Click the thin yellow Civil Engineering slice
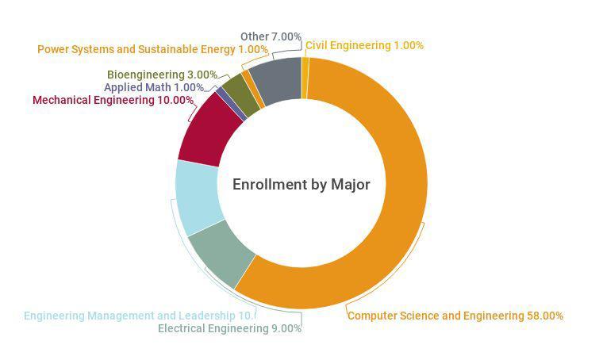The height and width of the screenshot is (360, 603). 305,78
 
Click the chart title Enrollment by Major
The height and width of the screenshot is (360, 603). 301,184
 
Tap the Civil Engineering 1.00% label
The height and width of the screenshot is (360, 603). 364,45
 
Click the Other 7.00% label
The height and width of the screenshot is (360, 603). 271,36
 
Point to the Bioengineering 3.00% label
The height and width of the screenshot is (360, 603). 162,75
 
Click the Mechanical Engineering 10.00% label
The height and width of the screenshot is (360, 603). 113,100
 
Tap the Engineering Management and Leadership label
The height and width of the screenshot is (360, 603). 139,316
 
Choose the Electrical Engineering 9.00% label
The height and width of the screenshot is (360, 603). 229,328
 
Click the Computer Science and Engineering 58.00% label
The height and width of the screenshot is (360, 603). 455,316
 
